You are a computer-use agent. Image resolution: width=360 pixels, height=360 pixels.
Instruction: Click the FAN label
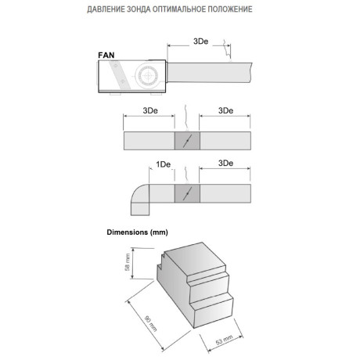(106, 56)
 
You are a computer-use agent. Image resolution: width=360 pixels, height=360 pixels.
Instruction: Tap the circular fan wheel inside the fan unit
(148, 76)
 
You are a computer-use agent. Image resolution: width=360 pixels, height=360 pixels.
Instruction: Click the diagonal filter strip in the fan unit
(120, 75)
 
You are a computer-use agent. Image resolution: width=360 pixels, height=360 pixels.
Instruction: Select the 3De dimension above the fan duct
(200, 41)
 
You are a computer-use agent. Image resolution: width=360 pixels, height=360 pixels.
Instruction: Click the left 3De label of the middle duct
(150, 110)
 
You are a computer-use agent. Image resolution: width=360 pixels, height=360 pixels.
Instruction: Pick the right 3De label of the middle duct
(225, 110)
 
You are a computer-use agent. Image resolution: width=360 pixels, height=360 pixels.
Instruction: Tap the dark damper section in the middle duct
(187, 141)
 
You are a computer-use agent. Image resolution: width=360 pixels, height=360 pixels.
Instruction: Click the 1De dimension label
(164, 164)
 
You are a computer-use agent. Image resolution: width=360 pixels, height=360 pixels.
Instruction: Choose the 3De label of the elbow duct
(225, 164)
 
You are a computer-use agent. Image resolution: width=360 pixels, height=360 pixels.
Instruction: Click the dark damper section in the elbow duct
(187, 193)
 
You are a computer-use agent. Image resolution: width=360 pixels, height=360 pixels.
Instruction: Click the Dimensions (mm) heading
(137, 232)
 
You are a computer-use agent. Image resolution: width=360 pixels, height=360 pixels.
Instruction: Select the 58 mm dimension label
(128, 262)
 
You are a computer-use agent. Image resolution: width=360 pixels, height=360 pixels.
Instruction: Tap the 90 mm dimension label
(151, 323)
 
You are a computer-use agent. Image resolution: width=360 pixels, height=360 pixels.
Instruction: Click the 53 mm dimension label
(225, 340)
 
